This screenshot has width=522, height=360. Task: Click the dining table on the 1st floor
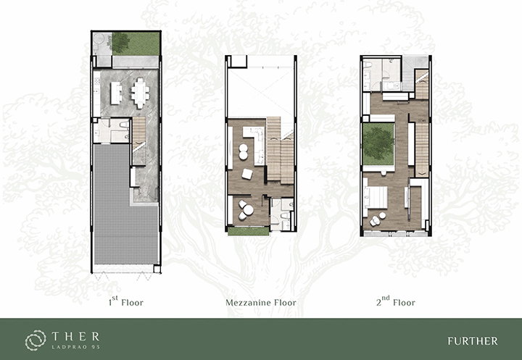[x=140, y=93]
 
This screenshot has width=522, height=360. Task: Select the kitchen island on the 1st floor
[x=116, y=93]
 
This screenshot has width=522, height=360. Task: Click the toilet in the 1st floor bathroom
[x=125, y=125]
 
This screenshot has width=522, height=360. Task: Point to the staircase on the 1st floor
[x=139, y=141]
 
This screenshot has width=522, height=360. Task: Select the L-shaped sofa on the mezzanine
[x=254, y=143]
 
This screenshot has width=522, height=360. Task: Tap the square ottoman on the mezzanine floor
[x=247, y=174]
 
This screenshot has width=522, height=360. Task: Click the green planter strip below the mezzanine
[x=249, y=231]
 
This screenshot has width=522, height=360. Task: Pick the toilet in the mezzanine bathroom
[x=286, y=216]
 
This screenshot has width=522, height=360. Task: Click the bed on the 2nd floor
[x=376, y=197]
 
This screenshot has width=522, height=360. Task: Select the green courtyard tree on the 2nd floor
[x=378, y=143]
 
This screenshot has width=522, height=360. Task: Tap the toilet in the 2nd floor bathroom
[x=367, y=66]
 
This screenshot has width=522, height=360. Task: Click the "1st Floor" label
[x=126, y=301]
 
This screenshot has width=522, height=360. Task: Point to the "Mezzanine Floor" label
[x=261, y=303]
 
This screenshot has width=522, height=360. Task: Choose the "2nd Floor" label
[x=396, y=301]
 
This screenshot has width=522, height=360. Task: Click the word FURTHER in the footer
[x=473, y=341]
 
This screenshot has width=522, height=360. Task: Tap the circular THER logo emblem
[x=36, y=340]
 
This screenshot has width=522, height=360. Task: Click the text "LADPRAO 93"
[x=76, y=347]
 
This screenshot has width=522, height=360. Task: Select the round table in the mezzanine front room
[x=248, y=210]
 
